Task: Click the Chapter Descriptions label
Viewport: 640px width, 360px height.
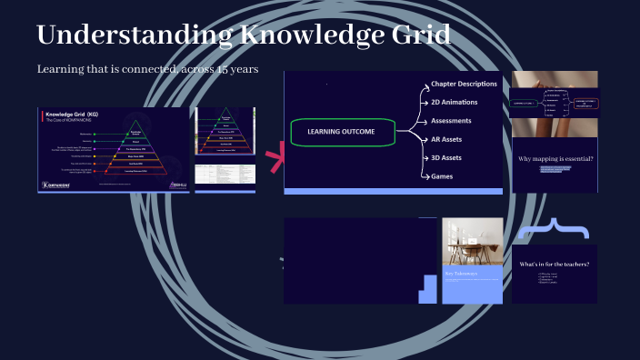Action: (x=465, y=85)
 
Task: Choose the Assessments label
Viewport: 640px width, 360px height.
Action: (x=451, y=120)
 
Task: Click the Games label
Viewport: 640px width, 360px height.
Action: (x=441, y=176)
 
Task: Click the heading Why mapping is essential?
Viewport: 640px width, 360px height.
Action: (x=555, y=159)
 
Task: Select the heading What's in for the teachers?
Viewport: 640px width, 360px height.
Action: (x=554, y=265)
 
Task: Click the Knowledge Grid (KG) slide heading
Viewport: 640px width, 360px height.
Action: (x=74, y=115)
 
